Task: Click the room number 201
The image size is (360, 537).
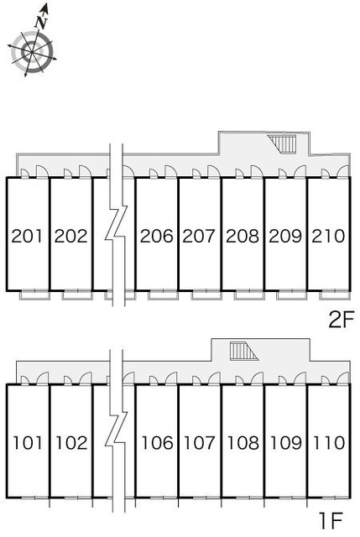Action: pos(28,236)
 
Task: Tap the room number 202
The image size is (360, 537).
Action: pos(70,236)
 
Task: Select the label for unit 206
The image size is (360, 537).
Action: pos(157,236)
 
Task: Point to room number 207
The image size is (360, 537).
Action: pos(199,236)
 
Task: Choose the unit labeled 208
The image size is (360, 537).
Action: pos(243,236)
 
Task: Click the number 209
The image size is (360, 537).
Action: pos(285,236)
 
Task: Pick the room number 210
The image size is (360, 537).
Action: pos(328,236)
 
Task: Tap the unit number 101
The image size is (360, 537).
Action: pos(28,442)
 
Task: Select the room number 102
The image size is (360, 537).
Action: pos(71,442)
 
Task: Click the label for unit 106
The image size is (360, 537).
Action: pos(157,442)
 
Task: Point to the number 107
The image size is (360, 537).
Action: pos(200,442)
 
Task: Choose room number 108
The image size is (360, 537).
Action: pos(243,442)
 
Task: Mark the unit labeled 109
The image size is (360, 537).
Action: pos(286,442)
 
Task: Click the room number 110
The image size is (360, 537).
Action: pos(329,442)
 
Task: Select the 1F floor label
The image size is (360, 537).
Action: pos(331,521)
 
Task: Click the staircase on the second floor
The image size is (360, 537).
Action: pos(282,144)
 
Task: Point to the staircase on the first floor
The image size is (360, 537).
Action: pos(243,351)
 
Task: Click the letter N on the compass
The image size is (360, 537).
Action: pos(41,23)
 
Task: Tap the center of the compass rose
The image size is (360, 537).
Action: pos(32,52)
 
